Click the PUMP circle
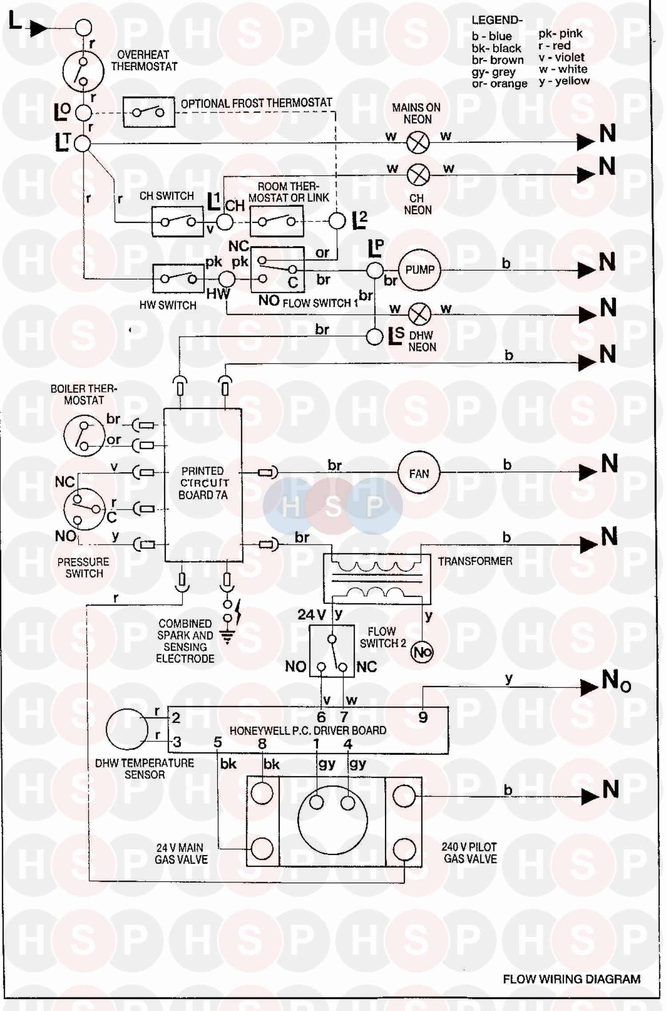pyautogui.click(x=419, y=270)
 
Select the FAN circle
pyautogui.click(x=419, y=473)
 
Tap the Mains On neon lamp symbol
pyautogui.click(x=418, y=143)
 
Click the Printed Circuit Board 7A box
pyautogui.click(x=203, y=485)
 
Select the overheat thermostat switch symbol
pyautogui.click(x=83, y=71)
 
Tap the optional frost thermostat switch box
pyautogui.click(x=149, y=112)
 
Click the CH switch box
pyautogui.click(x=178, y=221)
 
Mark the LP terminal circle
pyautogui.click(x=375, y=270)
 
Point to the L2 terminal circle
pyautogui.click(x=337, y=221)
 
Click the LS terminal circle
pyautogui.click(x=375, y=336)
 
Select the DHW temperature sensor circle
pyautogui.click(x=127, y=729)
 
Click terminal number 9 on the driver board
pyautogui.click(x=423, y=717)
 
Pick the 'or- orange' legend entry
pyautogui.click(x=499, y=84)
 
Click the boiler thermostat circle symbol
pyautogui.click(x=83, y=436)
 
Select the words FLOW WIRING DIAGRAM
pyautogui.click(x=571, y=979)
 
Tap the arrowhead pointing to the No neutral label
pyautogui.click(x=589, y=687)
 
